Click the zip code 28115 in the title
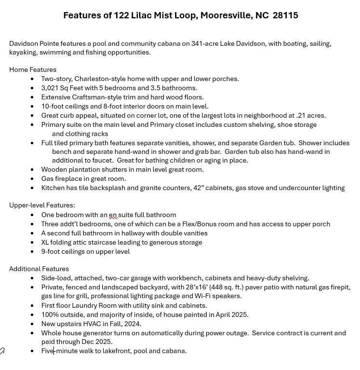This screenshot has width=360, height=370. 285,15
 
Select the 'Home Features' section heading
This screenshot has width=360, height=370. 33,69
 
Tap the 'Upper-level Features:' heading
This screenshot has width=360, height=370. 42,205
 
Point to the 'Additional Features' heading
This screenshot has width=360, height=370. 39,269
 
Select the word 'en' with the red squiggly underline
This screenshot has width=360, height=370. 113,215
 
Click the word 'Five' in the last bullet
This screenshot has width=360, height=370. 47,351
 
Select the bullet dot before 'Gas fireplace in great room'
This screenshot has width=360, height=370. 32,179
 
